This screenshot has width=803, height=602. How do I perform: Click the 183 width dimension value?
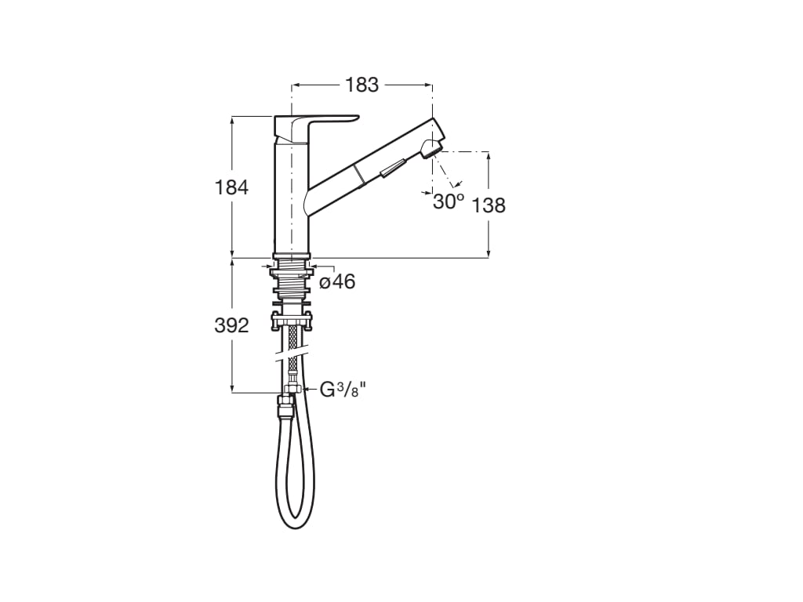[x=362, y=85]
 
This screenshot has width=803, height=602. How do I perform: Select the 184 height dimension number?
[x=231, y=187]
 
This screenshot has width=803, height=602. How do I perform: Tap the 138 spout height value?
[x=489, y=205]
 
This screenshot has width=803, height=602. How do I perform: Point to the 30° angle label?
[x=449, y=201]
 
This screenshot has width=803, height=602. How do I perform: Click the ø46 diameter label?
[x=337, y=281]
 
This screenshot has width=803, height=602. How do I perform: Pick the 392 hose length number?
[x=231, y=325]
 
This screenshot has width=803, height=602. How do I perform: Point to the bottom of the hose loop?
[x=293, y=524]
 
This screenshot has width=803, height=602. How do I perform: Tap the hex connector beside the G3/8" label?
[x=292, y=388]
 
